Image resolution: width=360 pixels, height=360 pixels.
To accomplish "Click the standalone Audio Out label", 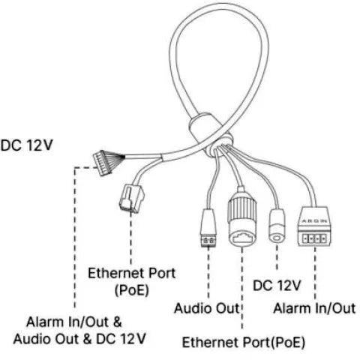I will (x=205, y=308).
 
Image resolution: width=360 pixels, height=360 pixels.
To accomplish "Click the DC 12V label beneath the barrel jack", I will (x=277, y=286).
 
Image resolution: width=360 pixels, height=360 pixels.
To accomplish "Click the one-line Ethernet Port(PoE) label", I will (x=244, y=343).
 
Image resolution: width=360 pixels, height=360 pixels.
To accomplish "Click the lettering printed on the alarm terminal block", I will (x=314, y=211).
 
